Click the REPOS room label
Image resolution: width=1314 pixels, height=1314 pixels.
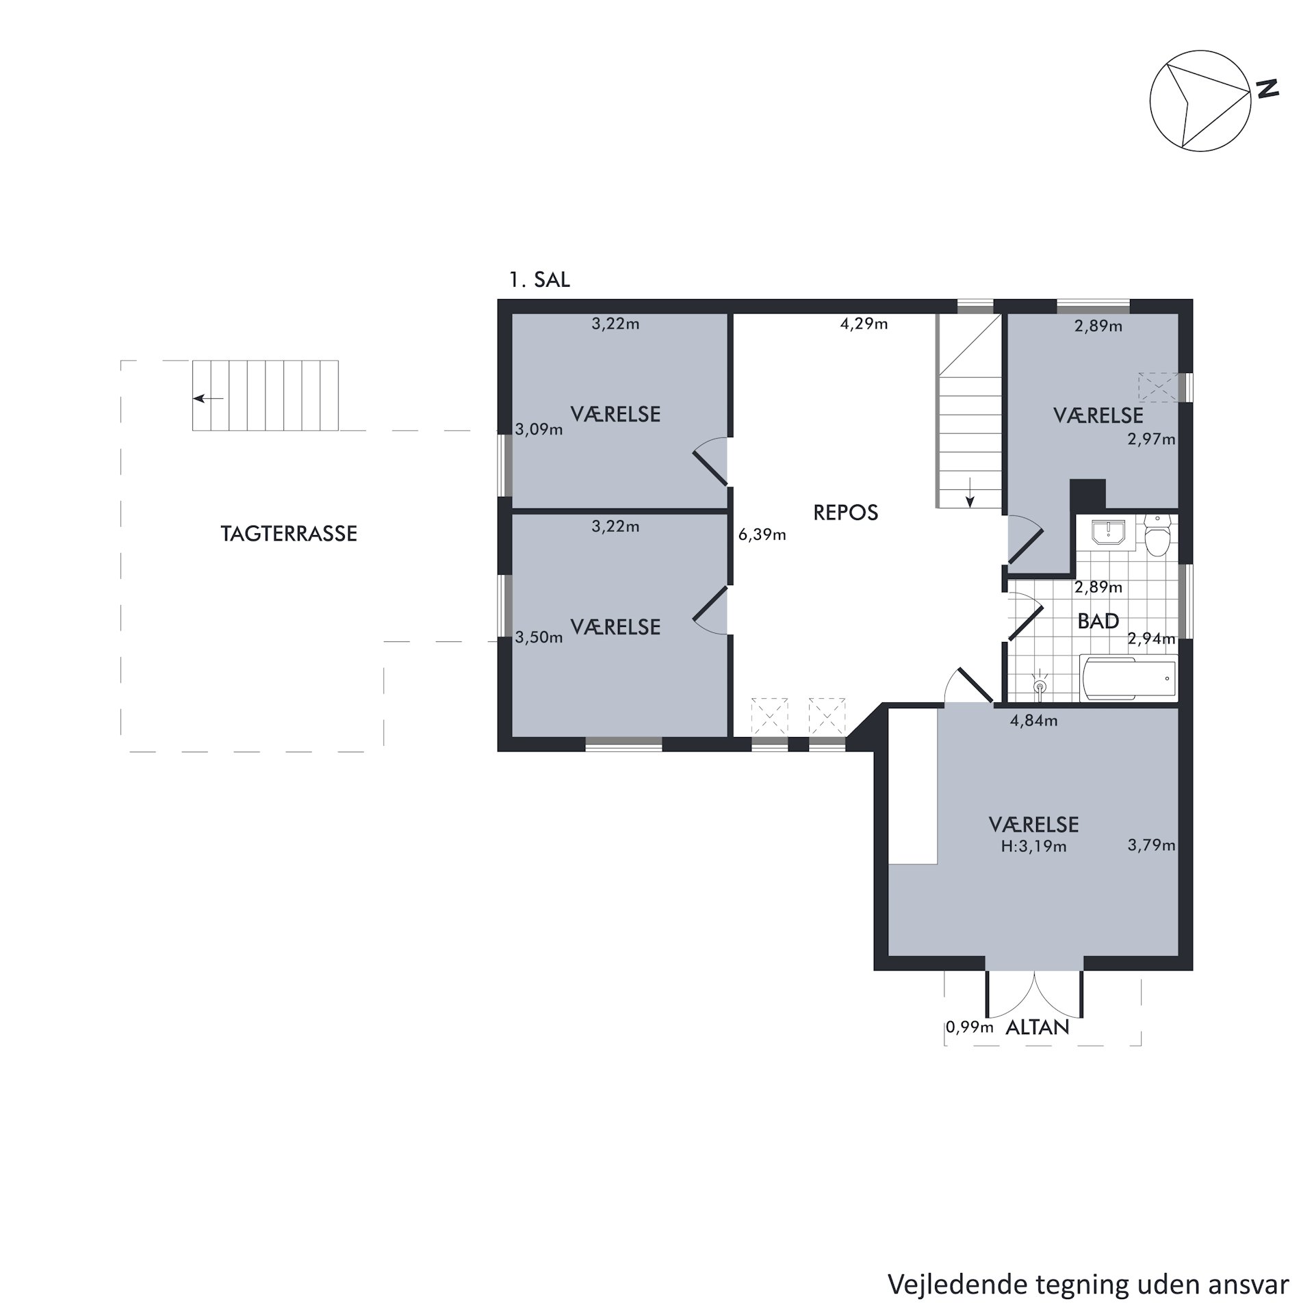(845, 513)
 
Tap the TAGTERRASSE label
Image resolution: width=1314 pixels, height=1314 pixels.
(289, 534)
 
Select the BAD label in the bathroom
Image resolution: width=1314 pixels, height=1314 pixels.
(1098, 621)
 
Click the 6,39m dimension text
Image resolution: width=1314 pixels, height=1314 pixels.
(762, 535)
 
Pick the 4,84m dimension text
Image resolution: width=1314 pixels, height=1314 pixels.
(1033, 721)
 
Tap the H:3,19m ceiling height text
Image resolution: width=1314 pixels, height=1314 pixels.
(1033, 847)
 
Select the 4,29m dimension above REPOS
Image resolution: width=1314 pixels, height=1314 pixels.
(864, 324)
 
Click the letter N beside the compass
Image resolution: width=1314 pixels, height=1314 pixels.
(1267, 89)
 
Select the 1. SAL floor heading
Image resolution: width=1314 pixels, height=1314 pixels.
(539, 280)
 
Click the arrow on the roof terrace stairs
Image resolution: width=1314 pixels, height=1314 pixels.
(208, 398)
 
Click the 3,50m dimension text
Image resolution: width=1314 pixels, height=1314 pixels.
(539, 638)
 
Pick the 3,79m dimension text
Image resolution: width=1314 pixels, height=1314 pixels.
(1152, 845)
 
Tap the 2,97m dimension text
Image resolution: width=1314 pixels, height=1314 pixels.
(1152, 439)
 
